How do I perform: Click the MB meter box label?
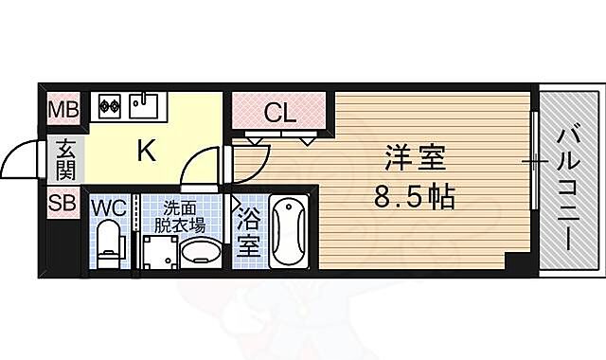pyautogui.click(x=63, y=107)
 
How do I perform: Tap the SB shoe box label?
pyautogui.click(x=63, y=201)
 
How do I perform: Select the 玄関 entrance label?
pyautogui.click(x=65, y=158)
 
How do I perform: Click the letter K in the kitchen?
pyautogui.click(x=148, y=150)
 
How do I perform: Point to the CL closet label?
pyautogui.click(x=279, y=114)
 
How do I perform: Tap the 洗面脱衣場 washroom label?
pyautogui.click(x=182, y=217)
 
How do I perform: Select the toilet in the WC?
pyautogui.click(x=111, y=242)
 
